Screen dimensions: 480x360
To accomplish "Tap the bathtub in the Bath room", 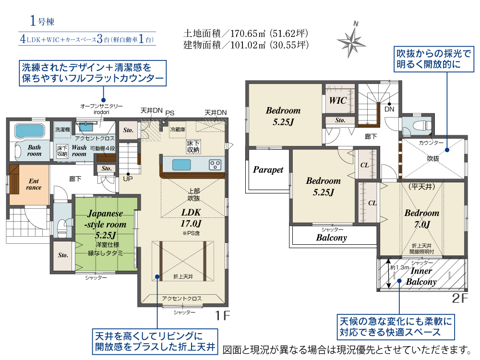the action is pos(30,131).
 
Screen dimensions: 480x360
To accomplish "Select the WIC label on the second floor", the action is pos(337,100).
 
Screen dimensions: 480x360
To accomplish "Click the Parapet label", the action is pos(268,170).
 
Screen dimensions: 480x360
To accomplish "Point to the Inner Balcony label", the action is pos(421,276).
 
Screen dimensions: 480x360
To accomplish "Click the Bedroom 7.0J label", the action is pos(422,218).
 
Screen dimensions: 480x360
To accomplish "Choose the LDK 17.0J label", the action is pos(191,217).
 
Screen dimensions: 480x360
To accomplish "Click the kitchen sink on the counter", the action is pos(181,165).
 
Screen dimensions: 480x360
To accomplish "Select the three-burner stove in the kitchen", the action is pos(215,165).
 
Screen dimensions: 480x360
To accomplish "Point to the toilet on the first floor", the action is pos(62,228).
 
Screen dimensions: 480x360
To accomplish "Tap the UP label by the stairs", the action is pos(128,179).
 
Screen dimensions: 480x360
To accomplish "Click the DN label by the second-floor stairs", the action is pos(389,109).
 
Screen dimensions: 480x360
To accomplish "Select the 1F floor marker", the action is pos(222,316).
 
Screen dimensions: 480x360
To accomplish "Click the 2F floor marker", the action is pos(460,299).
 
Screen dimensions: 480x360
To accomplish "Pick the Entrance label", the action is pos(34,184).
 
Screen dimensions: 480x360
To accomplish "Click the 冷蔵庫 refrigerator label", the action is pos(178,130).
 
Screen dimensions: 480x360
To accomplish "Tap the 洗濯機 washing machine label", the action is pos(62,130).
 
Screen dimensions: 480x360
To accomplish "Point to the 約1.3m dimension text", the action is pos(400,267).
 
